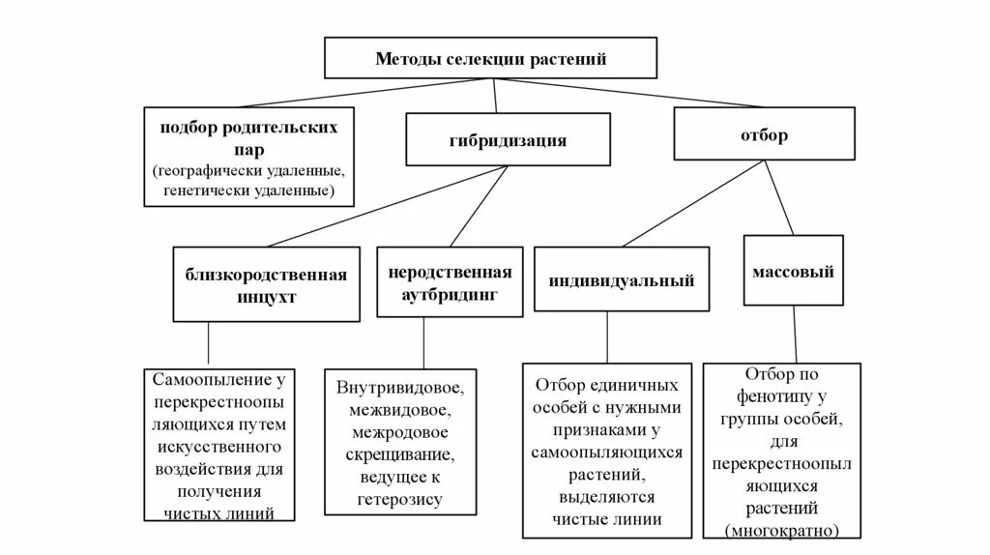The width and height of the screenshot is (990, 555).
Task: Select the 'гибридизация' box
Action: click(x=507, y=139)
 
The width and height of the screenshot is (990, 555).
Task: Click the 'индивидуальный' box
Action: click(x=622, y=281)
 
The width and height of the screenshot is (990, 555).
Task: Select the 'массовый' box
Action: click(x=793, y=272)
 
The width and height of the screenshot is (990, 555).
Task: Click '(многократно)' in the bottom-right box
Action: click(x=781, y=530)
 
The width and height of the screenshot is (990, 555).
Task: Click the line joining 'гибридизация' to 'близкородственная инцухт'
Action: click(x=387, y=207)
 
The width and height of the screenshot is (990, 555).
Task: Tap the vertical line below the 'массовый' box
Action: click(x=794, y=334)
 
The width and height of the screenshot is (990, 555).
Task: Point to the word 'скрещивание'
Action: click(x=397, y=454)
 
